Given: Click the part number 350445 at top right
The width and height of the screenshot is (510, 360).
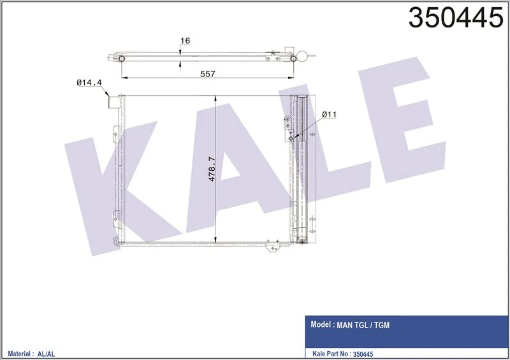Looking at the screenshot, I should click(x=455, y=18).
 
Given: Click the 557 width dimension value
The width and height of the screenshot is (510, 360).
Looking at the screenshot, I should click(x=207, y=74).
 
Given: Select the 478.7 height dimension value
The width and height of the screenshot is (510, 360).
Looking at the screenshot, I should click(x=213, y=169).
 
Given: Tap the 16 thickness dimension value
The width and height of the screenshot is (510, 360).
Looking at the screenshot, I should click(x=186, y=41).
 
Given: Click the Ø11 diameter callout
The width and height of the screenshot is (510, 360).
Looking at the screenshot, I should click(x=329, y=114).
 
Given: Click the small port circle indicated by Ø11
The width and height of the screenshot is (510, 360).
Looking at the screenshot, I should click(x=291, y=138).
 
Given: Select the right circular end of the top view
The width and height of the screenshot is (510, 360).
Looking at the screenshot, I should click(x=293, y=57).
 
